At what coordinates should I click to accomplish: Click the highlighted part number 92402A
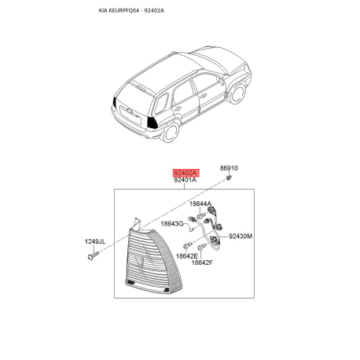coord(186,173)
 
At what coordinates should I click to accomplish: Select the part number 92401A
coord(185,180)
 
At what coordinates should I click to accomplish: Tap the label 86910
coord(229,168)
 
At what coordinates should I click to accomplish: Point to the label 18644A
coord(200,204)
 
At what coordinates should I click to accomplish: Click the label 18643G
coord(172,224)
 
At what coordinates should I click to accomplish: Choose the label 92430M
coord(241,237)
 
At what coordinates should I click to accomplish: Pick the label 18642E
coord(187,256)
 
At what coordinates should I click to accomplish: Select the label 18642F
coord(202,263)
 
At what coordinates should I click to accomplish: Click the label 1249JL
coord(95,241)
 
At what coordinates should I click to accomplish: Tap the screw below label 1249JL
coord(94,255)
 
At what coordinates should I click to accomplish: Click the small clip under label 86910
coord(229,178)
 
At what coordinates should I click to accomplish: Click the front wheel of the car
coord(237,93)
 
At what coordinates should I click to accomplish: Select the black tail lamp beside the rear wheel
coord(152,122)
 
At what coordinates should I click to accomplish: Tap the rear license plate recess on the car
coord(130,114)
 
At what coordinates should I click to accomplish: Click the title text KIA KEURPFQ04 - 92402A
coord(131,10)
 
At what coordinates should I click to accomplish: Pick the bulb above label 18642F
coord(203,247)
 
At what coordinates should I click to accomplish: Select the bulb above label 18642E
coord(187,245)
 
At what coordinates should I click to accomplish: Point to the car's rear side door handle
coord(178,108)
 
